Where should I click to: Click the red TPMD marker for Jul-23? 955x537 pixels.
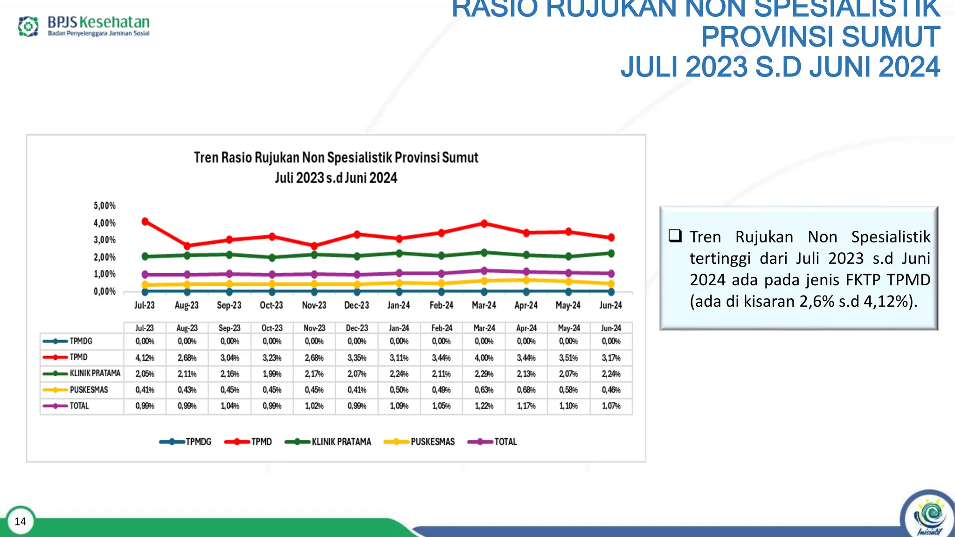click(x=145, y=221)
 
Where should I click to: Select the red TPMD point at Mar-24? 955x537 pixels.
click(x=484, y=224)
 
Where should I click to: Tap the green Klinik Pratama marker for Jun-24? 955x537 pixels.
click(x=611, y=254)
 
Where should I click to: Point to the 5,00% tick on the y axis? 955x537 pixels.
click(x=104, y=206)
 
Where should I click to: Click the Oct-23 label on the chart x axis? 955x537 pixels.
click(x=271, y=305)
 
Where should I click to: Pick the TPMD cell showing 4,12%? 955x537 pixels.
click(x=145, y=358)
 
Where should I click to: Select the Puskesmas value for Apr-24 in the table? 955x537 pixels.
click(x=526, y=390)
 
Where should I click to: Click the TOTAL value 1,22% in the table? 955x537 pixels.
click(x=484, y=406)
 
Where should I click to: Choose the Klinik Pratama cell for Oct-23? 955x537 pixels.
click(x=272, y=374)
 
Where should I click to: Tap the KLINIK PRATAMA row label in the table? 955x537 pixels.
click(x=95, y=373)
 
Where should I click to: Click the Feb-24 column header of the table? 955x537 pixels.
click(x=442, y=328)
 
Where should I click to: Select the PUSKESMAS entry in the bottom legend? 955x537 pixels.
click(x=432, y=442)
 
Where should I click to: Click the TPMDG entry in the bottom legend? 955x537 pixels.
click(x=198, y=442)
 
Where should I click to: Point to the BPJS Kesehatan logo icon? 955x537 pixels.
click(x=28, y=26)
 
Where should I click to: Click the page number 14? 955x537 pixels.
click(x=21, y=521)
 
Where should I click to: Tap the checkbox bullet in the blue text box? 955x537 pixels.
click(x=675, y=236)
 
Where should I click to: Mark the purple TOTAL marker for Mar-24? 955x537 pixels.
click(x=484, y=271)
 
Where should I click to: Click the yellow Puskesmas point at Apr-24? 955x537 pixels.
click(x=526, y=280)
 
